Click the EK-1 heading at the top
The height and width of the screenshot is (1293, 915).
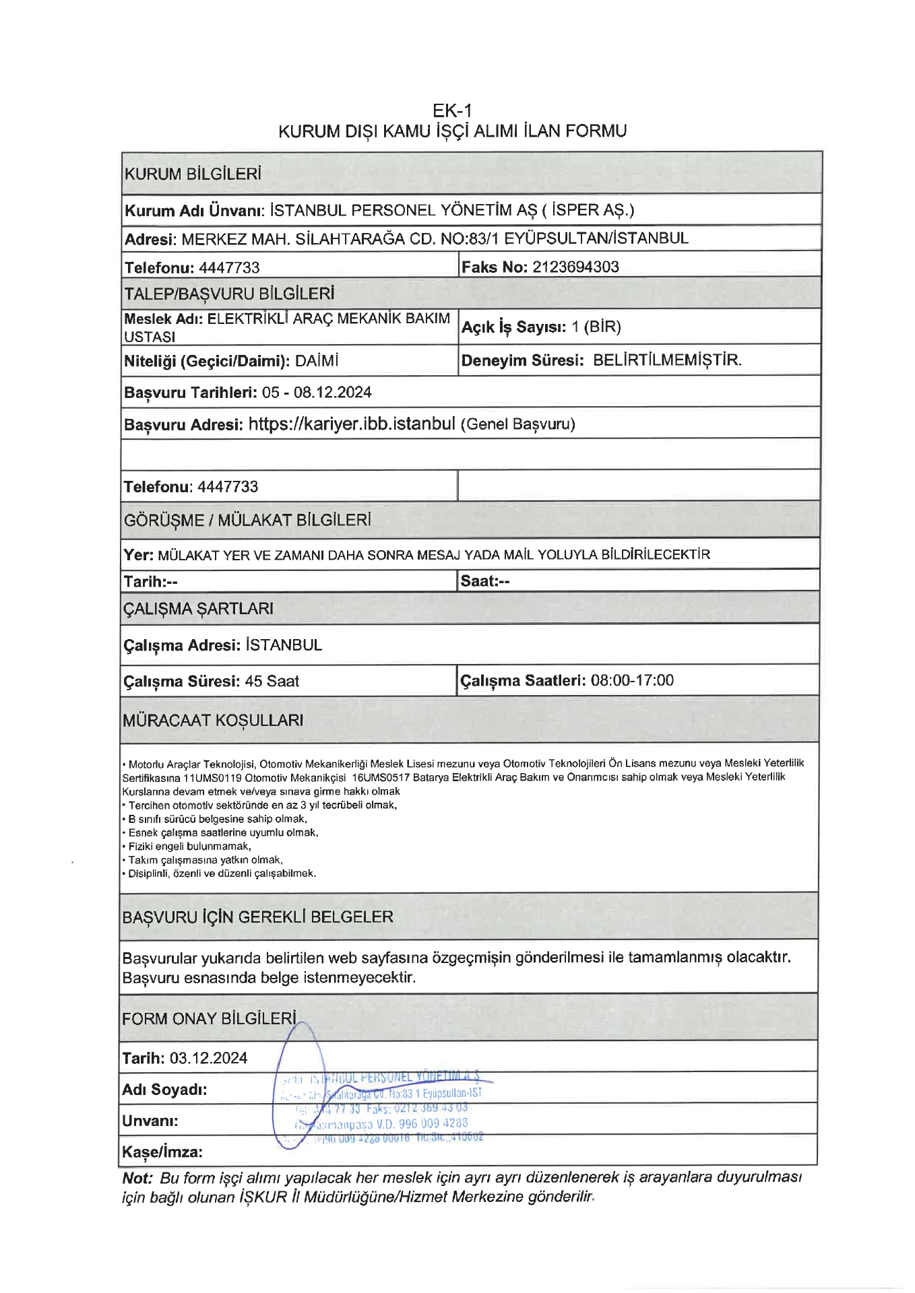[x=452, y=110]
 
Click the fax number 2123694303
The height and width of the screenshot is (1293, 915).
[x=575, y=267]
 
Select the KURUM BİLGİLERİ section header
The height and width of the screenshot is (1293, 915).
[x=193, y=174]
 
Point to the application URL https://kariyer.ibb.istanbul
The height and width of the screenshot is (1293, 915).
[x=352, y=424]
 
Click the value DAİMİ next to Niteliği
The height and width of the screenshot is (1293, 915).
[x=317, y=361]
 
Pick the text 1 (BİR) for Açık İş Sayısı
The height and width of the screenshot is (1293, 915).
[x=596, y=327]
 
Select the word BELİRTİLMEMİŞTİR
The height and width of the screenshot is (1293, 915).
[x=667, y=360]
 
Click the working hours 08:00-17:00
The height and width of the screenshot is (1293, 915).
[x=632, y=680]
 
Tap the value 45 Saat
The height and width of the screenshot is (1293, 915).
[x=272, y=681]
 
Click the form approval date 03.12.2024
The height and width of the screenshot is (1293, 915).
[x=208, y=1058]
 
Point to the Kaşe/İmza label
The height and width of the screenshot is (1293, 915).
[x=162, y=1152]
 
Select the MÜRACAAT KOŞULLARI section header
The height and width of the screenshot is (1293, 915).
[x=213, y=720]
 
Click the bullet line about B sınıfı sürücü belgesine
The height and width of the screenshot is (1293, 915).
[x=217, y=819]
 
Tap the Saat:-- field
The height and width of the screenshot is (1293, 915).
[x=485, y=581]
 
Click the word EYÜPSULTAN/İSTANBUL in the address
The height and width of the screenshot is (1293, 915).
[x=596, y=238]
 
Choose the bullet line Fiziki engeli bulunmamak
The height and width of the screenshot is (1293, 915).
[x=189, y=847]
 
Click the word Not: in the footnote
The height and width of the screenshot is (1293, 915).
[x=137, y=1178]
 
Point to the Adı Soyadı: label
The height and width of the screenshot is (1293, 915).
[x=164, y=1089]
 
